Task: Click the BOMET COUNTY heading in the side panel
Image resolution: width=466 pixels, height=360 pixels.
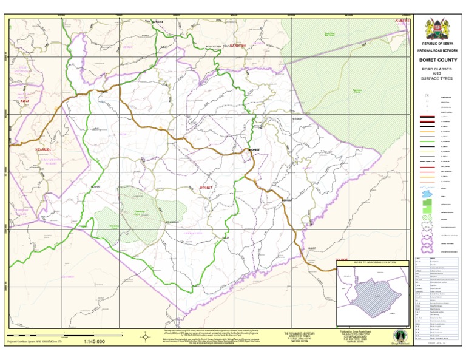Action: (436, 60)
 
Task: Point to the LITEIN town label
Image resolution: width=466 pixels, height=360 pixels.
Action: (158, 22)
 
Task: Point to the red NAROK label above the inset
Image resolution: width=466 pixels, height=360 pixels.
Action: (342, 259)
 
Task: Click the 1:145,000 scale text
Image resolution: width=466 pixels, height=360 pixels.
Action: (94, 342)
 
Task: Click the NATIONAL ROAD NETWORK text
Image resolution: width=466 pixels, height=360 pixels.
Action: (436, 50)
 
